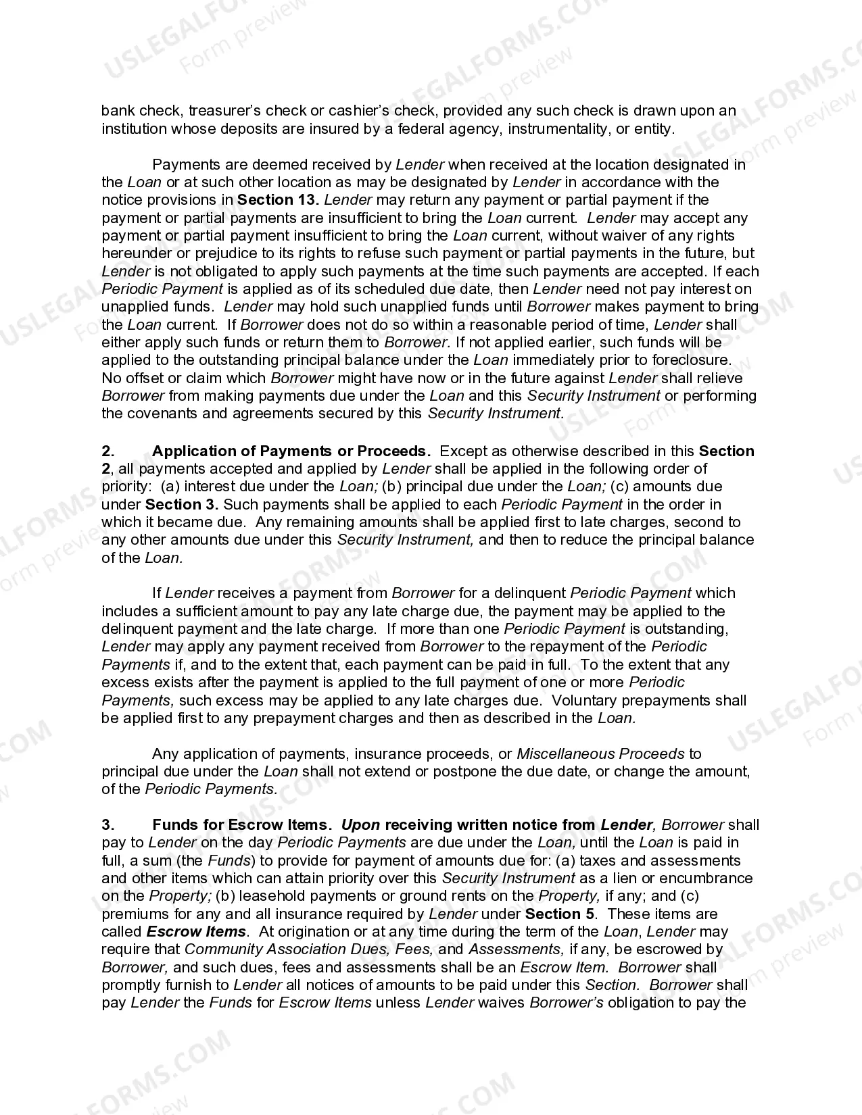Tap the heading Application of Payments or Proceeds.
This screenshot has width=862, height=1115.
[291, 451]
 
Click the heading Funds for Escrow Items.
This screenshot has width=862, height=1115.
[242, 825]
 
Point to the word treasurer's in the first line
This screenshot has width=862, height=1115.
[224, 111]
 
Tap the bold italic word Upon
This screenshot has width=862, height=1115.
[360, 825]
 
